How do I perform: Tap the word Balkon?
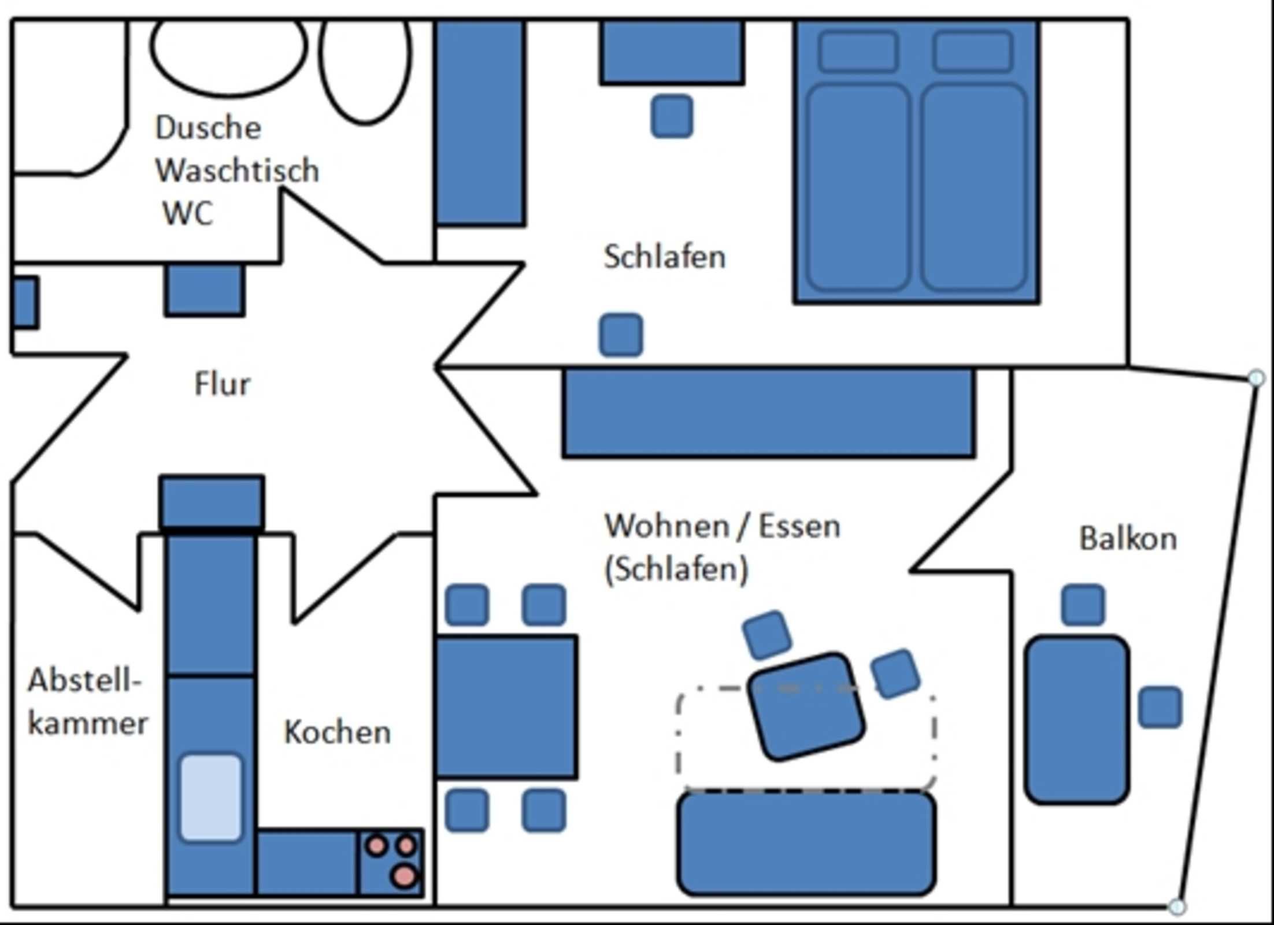pyautogui.click(x=1128, y=539)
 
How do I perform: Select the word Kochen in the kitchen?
pyautogui.click(x=338, y=732)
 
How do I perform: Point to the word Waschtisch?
pyautogui.click(x=238, y=171)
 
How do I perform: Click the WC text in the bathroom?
pyautogui.click(x=188, y=213)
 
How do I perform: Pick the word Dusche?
pyautogui.click(x=208, y=128)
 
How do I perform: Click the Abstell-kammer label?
pyautogui.click(x=87, y=701)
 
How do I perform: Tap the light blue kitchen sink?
pyautogui.click(x=211, y=798)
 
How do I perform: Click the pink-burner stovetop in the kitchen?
pyautogui.click(x=391, y=861)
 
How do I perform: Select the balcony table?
pyautogui.click(x=1077, y=720)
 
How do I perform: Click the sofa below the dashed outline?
pyautogui.click(x=806, y=844)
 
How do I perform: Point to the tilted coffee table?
pyautogui.click(x=806, y=706)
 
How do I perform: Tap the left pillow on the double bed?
pyautogui.click(x=858, y=51)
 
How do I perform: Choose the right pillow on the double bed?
pyautogui.click(x=973, y=51)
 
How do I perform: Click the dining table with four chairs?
pyautogui.click(x=506, y=706)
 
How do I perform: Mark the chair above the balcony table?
pyautogui.click(x=1083, y=605)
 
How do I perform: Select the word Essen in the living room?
pyautogui.click(x=799, y=527)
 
